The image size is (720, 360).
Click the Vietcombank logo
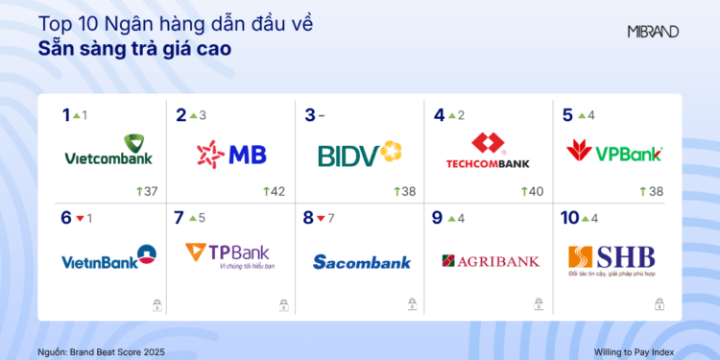108,153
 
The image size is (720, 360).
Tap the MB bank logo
231,153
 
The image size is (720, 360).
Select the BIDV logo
358,153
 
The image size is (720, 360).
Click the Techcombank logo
488,153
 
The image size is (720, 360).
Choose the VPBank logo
615,152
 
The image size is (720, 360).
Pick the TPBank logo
229,255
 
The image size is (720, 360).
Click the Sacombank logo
362,261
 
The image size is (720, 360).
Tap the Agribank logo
491,260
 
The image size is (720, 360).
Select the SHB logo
612,257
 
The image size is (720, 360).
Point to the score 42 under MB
276,191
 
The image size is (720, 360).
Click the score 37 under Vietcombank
149,191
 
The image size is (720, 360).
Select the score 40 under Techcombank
534,191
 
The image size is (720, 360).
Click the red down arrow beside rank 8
322,219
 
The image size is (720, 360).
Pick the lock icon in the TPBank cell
283,305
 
